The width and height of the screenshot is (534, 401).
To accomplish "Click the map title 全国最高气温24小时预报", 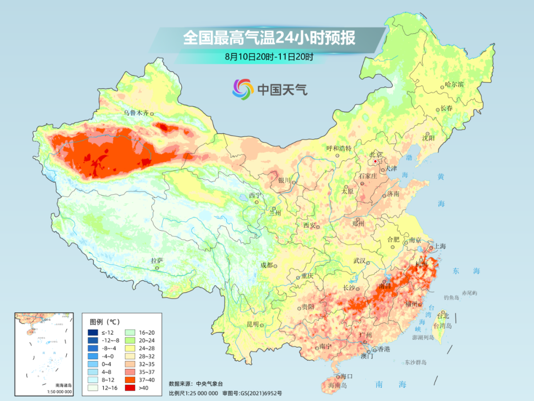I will [x=269, y=38].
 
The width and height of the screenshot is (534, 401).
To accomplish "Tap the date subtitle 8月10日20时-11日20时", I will [x=269, y=57].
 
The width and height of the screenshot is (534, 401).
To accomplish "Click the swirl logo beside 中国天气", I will [x=243, y=89].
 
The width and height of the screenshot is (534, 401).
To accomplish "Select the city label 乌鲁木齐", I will [x=136, y=113].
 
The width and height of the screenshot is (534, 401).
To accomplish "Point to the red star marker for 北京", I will [x=376, y=161].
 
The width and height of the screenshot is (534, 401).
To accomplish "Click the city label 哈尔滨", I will [x=454, y=85].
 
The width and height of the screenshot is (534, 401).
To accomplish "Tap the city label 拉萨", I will [x=157, y=260].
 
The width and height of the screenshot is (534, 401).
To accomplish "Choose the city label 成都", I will [x=267, y=265].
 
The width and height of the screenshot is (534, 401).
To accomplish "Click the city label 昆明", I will [x=252, y=324].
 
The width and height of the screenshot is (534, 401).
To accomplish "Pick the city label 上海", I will [x=440, y=246].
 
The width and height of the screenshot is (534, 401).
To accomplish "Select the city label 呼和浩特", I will [x=339, y=148].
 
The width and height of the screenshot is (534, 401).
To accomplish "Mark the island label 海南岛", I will [x=338, y=385].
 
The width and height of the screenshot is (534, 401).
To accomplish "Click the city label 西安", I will [x=309, y=225].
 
